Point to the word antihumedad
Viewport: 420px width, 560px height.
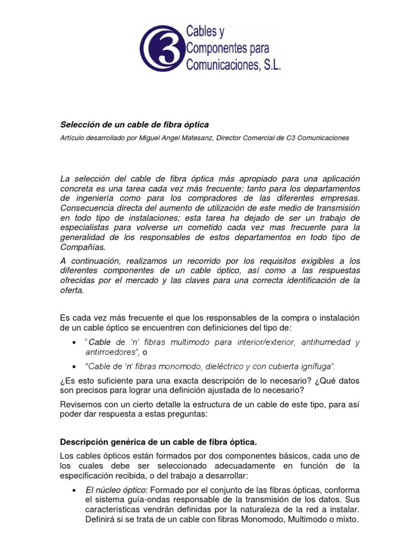coord(335,342)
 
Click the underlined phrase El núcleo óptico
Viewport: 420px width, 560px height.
coord(115,489)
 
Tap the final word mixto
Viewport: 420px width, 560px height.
coord(345,520)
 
